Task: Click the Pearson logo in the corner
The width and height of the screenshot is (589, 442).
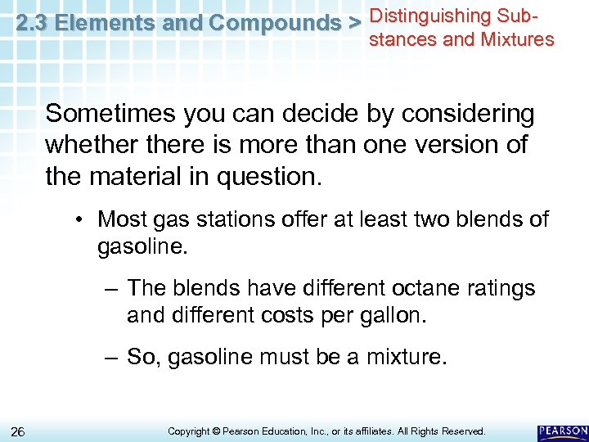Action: click(x=562, y=431)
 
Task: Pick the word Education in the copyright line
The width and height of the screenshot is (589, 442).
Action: click(x=295, y=431)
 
